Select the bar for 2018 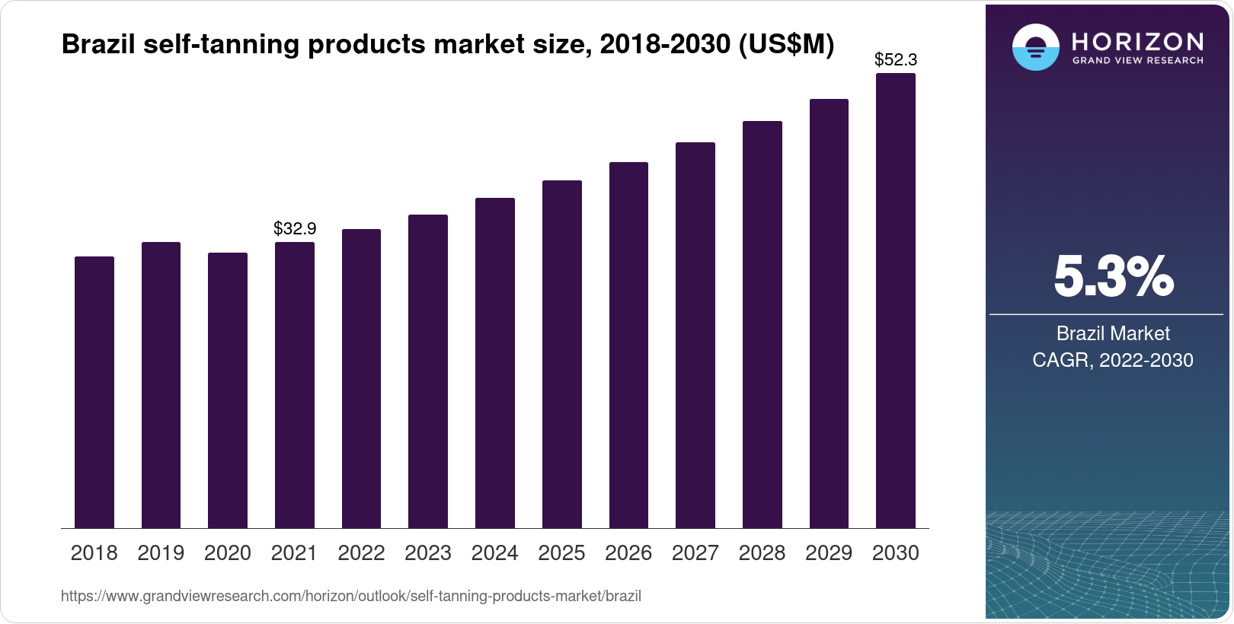click(x=94, y=392)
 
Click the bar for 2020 click(x=228, y=390)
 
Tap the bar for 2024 click(x=495, y=363)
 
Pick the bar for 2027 click(x=695, y=335)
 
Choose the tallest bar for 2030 click(x=896, y=301)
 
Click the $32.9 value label click(x=295, y=228)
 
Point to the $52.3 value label click(x=896, y=59)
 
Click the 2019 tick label click(x=161, y=553)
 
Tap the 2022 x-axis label click(x=361, y=553)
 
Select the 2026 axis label click(x=628, y=553)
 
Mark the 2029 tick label click(x=829, y=553)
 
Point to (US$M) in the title click(x=786, y=45)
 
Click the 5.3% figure click(x=1113, y=277)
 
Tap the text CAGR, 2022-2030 click(x=1113, y=360)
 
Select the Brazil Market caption click(x=1113, y=333)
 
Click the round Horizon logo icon click(x=1035, y=47)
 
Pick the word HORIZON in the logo click(x=1138, y=41)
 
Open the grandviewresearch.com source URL click(x=351, y=596)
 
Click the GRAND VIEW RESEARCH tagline click(x=1138, y=61)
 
